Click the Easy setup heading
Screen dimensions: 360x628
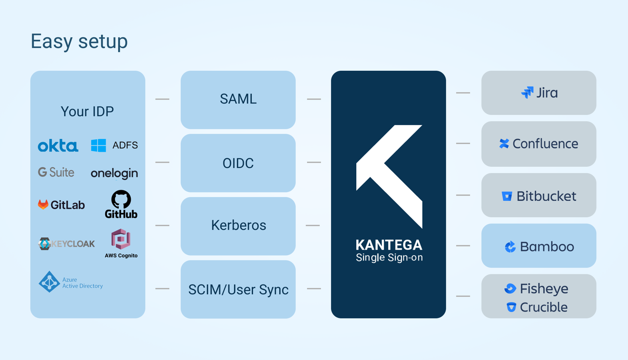(79, 41)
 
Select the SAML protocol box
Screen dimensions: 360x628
(238, 99)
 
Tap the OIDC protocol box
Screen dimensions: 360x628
(238, 163)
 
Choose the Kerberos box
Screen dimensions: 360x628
(238, 226)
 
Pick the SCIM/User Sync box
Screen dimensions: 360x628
(238, 289)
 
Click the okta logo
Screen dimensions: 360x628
(58, 146)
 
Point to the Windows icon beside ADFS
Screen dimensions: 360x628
(98, 145)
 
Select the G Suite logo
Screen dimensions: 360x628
(56, 172)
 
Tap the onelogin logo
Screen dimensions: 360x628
(114, 173)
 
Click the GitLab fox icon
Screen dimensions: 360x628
(43, 204)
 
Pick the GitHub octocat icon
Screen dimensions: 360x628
(121, 199)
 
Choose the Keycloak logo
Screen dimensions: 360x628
(66, 244)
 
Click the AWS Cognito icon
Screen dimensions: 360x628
(121, 239)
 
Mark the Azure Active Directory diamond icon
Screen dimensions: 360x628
(49, 282)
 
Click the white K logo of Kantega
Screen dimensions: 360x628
(389, 176)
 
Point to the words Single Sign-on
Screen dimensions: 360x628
(389, 258)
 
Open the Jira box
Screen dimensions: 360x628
(539, 93)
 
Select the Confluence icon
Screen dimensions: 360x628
(504, 144)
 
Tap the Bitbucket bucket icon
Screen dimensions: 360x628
(507, 196)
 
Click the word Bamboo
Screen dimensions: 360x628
(547, 246)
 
